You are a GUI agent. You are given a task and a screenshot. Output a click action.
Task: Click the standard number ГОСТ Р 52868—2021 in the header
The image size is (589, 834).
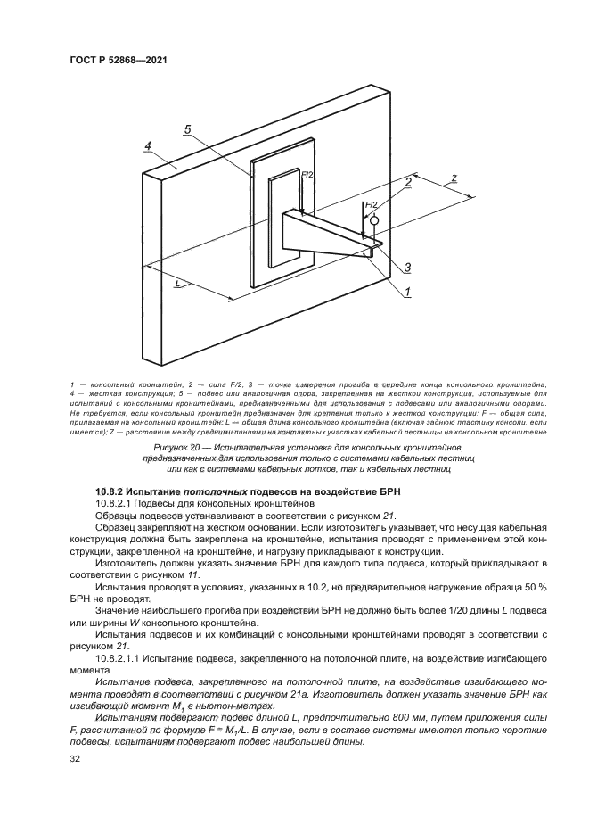coord(118,60)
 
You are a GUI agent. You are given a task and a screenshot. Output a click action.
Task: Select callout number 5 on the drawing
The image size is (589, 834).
coord(188,129)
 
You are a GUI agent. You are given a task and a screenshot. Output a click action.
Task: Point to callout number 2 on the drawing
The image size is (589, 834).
coord(408,182)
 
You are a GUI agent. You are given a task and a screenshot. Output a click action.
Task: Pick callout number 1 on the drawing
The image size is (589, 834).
coord(406,291)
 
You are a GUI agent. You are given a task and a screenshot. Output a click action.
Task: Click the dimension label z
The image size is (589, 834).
coord(454,178)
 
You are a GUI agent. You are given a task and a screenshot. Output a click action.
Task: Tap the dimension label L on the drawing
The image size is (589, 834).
coord(178,283)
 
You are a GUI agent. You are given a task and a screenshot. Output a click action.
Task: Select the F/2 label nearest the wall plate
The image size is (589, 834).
coord(307,177)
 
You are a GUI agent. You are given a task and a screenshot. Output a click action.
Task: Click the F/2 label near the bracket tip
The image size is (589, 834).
coord(372,205)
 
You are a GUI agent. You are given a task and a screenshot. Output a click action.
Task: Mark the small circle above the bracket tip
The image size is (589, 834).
coord(375,220)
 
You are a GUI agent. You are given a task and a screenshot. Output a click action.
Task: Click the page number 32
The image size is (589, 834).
coord(75,759)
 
